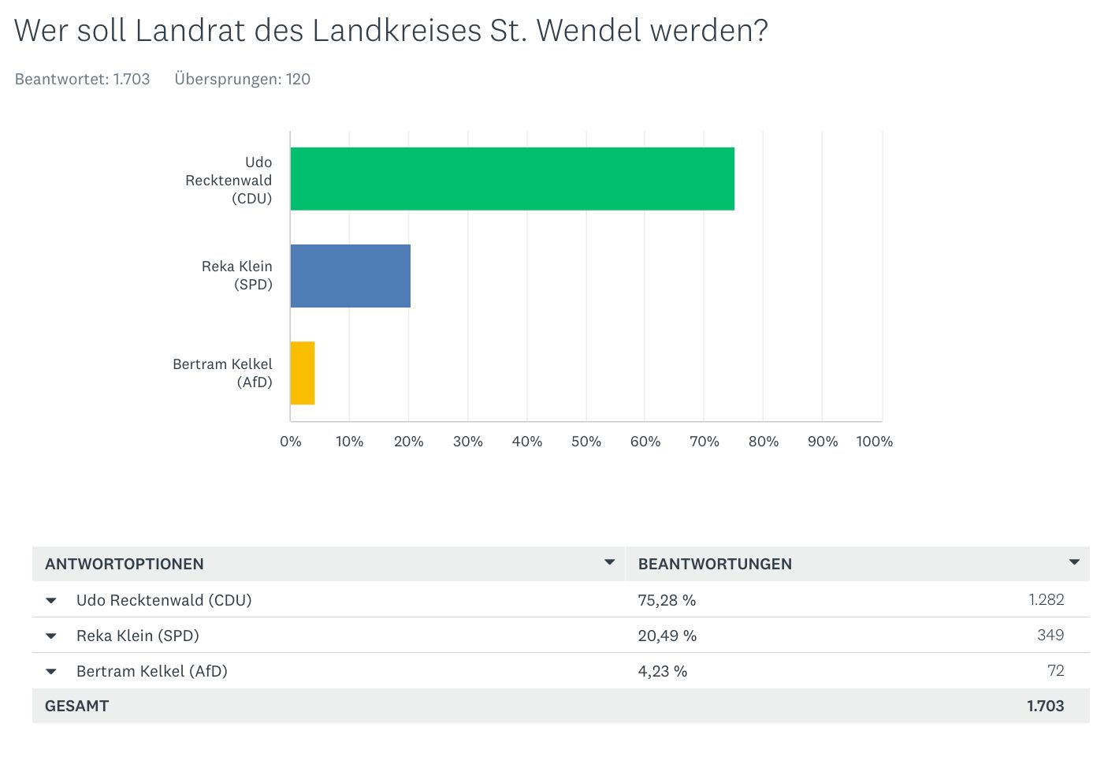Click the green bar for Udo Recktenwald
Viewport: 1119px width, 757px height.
click(512, 179)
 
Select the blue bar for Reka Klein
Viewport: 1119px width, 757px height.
click(351, 276)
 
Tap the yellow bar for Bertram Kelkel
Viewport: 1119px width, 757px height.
click(303, 373)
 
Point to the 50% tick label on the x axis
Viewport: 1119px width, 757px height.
click(586, 442)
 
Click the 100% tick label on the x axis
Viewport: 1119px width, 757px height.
click(874, 442)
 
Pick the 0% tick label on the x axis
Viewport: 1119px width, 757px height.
click(291, 442)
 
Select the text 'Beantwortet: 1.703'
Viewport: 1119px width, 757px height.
click(83, 79)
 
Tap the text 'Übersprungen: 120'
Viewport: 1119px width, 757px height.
click(243, 79)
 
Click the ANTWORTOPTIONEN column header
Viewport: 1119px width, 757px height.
click(125, 564)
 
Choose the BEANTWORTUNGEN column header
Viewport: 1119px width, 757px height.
click(715, 564)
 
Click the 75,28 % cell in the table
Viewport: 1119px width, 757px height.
click(667, 600)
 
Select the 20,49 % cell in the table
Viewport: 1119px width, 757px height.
click(667, 636)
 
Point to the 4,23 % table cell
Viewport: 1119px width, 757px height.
click(663, 671)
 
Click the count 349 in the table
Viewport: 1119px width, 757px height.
click(1050, 635)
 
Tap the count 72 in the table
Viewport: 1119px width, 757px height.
click(1056, 670)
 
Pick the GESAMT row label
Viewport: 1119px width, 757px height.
click(76, 706)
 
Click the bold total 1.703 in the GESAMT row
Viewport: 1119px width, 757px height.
click(1045, 706)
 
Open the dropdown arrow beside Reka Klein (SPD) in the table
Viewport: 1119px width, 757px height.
click(51, 636)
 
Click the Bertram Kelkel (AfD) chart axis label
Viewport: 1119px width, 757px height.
click(223, 373)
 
